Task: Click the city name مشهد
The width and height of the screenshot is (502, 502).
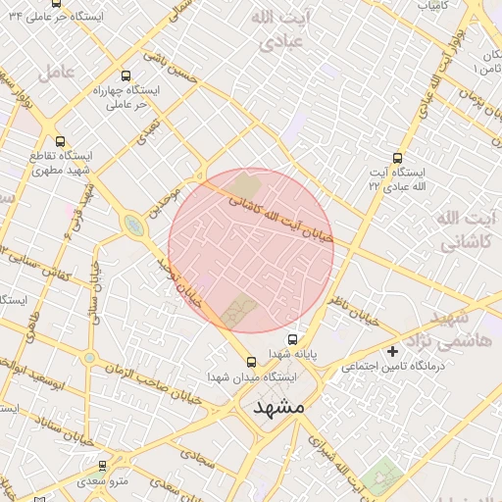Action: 278,406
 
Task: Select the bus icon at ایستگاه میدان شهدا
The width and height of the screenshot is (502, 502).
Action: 251,360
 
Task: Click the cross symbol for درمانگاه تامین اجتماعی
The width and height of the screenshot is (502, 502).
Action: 392,350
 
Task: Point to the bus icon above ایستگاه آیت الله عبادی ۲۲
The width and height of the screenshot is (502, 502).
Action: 397,157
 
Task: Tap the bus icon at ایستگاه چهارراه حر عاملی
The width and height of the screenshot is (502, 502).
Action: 125,75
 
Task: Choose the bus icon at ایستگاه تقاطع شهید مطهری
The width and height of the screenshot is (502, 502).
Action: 61,141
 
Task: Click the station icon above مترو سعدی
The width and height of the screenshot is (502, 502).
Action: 101,467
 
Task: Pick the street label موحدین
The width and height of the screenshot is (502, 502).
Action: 164,202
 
